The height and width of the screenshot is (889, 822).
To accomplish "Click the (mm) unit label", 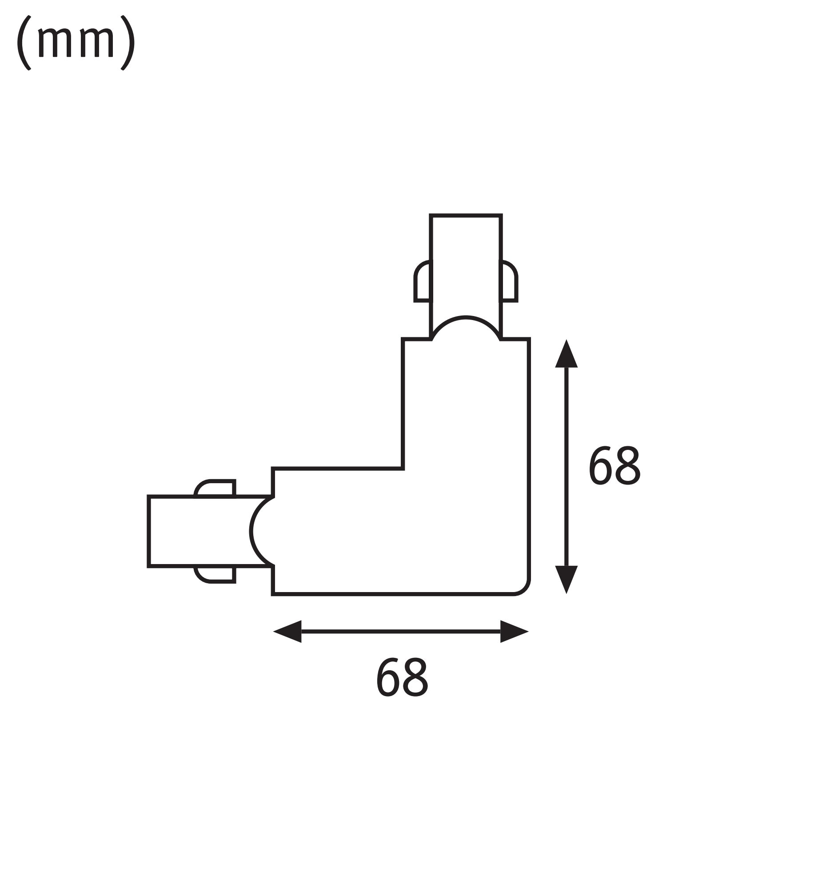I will click(x=76, y=43).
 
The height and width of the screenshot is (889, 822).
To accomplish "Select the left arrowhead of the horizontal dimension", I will click(x=288, y=631).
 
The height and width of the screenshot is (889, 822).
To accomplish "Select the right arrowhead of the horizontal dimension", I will click(x=514, y=631).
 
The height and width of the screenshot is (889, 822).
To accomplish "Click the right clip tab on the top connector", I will click(x=509, y=282).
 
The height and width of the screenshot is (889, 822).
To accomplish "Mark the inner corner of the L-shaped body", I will click(x=403, y=468).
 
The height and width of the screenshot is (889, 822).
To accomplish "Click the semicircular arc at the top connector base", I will click(x=466, y=318).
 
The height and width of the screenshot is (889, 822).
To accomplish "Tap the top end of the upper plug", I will click(x=466, y=215).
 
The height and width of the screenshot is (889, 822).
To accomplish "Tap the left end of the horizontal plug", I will click(x=148, y=531).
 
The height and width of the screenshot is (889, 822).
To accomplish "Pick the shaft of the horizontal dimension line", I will click(x=400, y=631).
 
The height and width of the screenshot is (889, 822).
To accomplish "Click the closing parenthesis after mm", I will click(x=128, y=43).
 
